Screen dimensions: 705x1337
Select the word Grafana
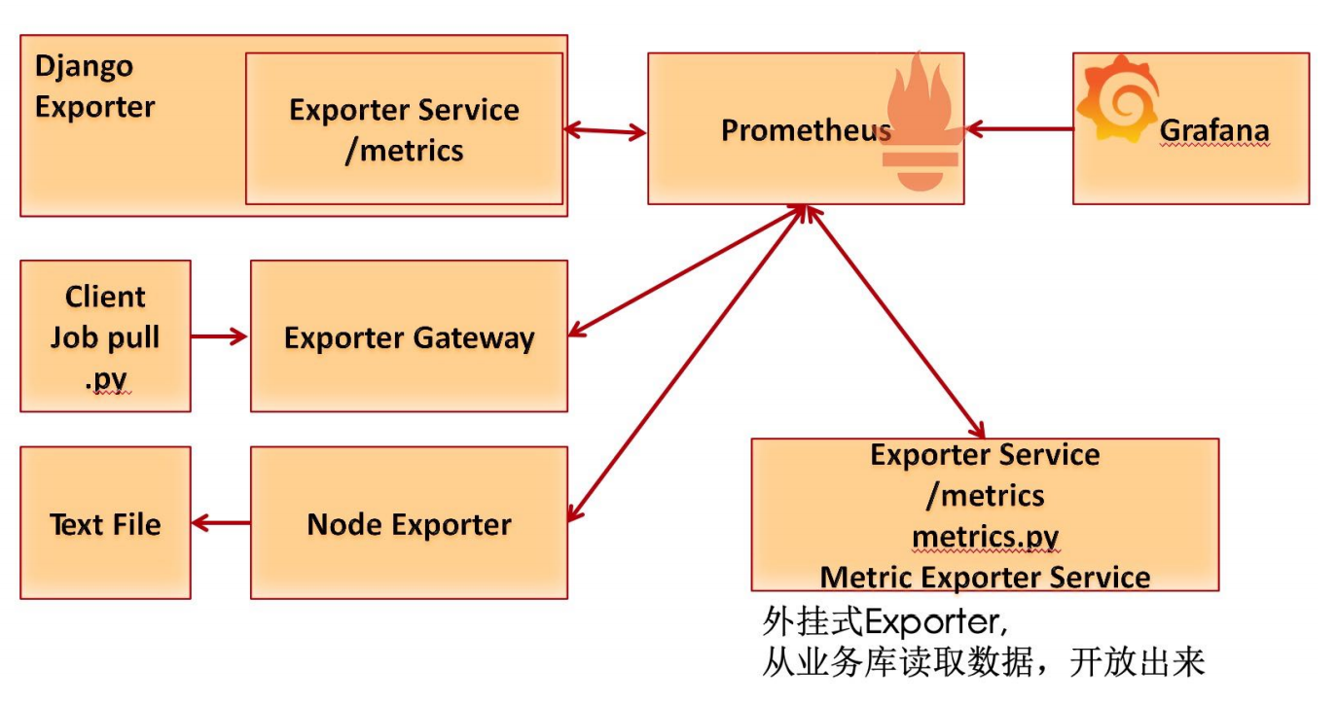click(1213, 130)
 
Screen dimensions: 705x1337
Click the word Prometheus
click(805, 130)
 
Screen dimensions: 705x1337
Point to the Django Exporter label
click(94, 87)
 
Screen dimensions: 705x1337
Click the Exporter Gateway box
click(409, 337)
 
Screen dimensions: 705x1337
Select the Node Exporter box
click(409, 524)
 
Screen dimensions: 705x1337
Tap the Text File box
click(105, 524)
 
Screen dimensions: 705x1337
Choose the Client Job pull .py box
click(105, 336)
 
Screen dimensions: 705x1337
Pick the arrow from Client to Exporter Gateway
click(220, 336)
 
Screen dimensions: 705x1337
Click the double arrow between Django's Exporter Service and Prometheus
click(606, 130)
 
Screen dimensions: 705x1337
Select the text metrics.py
click(985, 537)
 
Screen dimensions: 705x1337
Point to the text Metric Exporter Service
click(985, 577)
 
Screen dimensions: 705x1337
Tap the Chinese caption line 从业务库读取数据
click(983, 663)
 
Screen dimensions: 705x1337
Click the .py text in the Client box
click(105, 379)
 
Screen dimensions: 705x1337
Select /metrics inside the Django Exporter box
click(404, 151)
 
